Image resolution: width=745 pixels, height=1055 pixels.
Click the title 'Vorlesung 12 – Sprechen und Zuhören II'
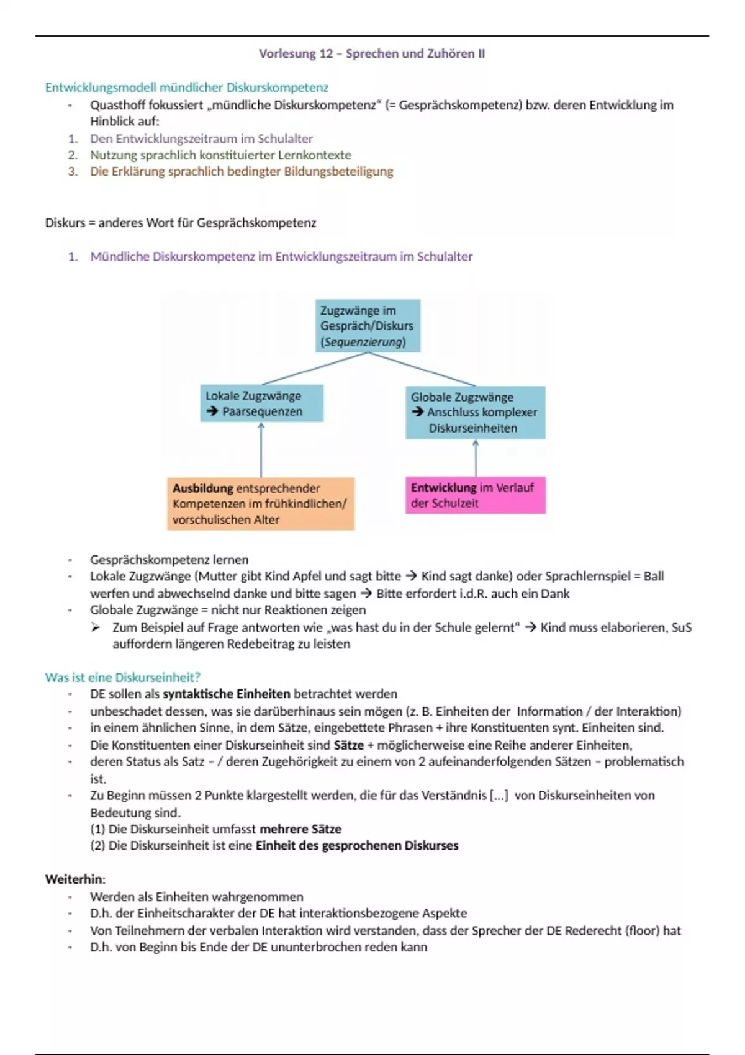click(372, 54)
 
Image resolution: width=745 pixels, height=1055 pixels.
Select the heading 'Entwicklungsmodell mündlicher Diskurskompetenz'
click(186, 88)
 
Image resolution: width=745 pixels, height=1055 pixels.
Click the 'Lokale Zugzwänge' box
click(261, 403)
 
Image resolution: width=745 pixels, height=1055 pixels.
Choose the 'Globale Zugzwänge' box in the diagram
click(475, 413)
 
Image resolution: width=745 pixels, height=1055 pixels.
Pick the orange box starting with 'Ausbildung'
click(260, 503)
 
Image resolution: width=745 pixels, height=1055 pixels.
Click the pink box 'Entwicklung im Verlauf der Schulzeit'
click(475, 495)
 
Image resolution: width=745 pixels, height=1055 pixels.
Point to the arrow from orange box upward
click(261, 449)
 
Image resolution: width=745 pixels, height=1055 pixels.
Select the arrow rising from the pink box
click(476, 458)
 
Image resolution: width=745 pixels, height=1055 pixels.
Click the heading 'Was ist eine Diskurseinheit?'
click(122, 677)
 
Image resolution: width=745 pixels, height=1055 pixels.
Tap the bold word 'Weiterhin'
click(74, 879)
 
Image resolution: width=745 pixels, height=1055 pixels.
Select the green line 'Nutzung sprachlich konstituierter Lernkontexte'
click(220, 155)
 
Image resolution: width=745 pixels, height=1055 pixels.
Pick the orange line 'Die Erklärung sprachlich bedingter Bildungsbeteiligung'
click(242, 172)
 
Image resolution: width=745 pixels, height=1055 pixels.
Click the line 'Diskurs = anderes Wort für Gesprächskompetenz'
click(181, 223)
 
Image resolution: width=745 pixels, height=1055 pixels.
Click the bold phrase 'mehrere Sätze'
click(300, 829)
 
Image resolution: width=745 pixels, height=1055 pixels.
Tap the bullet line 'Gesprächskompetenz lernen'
click(169, 560)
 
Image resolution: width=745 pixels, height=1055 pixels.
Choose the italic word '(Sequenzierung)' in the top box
click(363, 342)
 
